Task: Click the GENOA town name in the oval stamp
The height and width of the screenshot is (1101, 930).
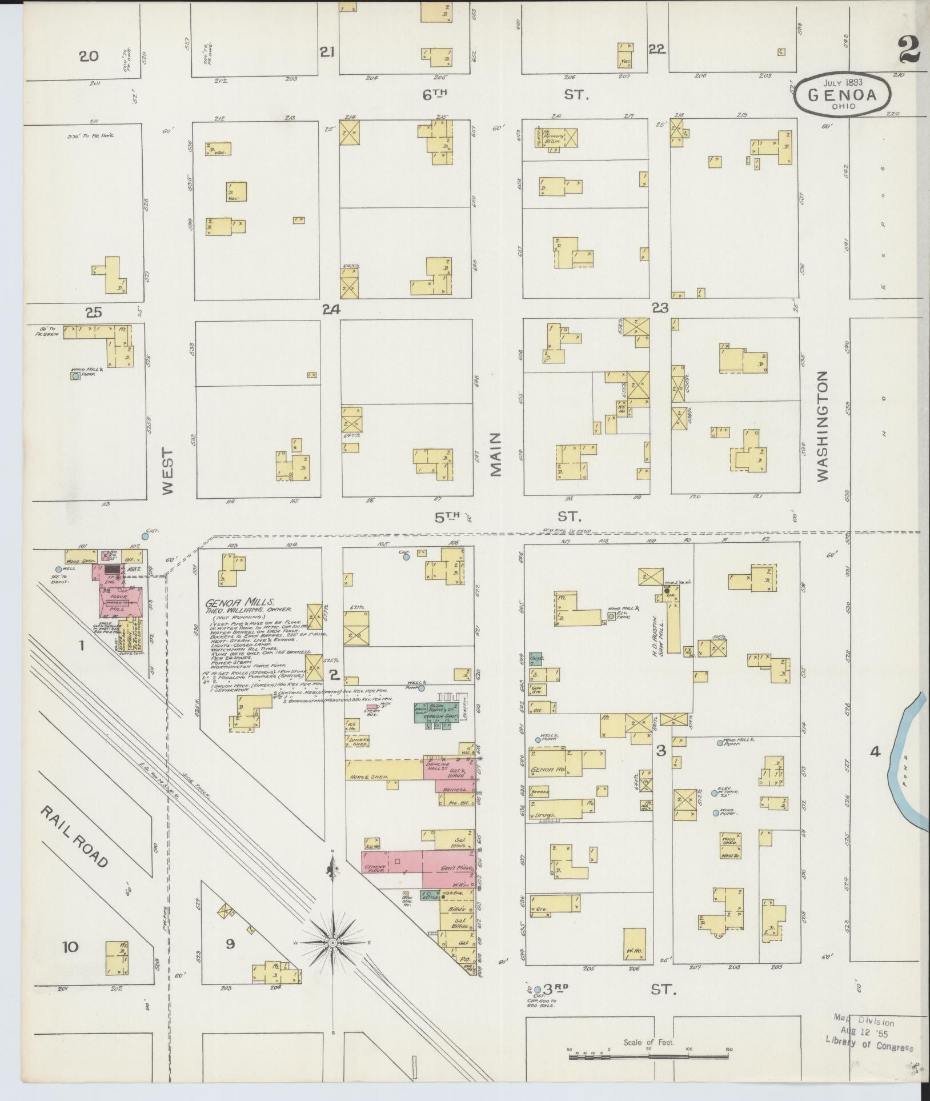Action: point(843,94)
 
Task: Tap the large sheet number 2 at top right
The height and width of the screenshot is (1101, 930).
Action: point(908,50)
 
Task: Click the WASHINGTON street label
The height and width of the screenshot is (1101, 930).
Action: point(822,426)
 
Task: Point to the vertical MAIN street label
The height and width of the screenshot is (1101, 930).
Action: point(495,454)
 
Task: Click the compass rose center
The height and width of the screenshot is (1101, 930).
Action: point(332,942)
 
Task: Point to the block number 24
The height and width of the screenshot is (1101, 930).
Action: point(331,309)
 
